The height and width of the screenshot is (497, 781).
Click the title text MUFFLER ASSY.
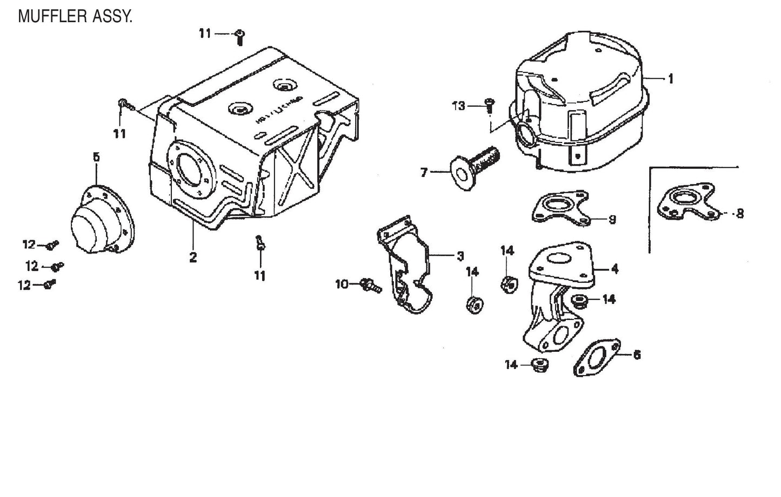pos(75,16)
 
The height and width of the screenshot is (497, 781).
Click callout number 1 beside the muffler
pos(671,79)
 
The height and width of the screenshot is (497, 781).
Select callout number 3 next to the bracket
pos(460,256)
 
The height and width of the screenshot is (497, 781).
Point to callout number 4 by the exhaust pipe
pos(615,268)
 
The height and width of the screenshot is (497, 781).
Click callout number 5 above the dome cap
pos(96,158)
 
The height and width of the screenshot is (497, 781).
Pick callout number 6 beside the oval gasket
pos(637,355)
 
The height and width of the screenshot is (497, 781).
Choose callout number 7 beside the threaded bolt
pos(424,173)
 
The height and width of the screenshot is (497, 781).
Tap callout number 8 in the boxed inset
pos(740,214)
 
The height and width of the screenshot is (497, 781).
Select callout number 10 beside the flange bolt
pos(342,283)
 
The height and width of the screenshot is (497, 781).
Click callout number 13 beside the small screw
pos(458,106)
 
